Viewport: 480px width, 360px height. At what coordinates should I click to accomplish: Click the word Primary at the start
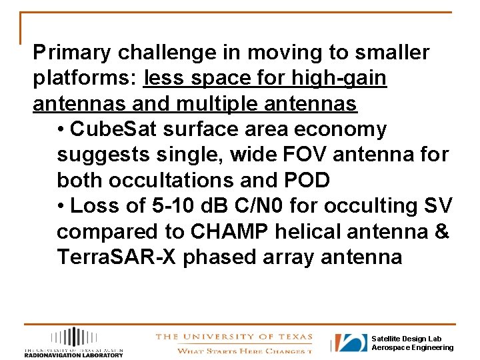(64, 53)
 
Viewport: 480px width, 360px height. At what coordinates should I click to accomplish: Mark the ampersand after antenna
(442, 232)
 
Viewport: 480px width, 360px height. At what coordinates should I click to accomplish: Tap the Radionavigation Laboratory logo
(73, 343)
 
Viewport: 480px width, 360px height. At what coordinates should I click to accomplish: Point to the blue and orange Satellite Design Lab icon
(350, 343)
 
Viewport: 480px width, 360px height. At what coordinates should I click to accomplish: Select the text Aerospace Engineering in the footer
(412, 348)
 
